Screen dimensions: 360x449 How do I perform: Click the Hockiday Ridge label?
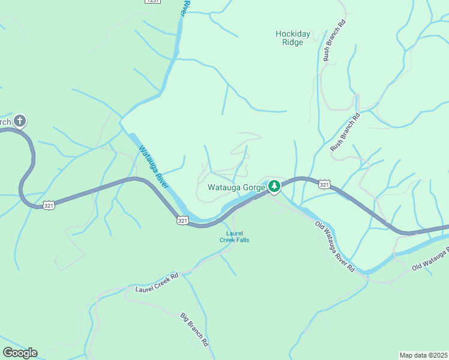pos(293,38)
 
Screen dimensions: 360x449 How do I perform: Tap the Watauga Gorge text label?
pos(236,187)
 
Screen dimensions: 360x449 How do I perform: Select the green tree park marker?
pos(274,187)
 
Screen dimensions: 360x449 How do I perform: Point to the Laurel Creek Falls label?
pos(234,236)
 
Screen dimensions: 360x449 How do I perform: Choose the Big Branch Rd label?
pos(194,329)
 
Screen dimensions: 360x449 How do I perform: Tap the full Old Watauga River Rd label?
pos(335,247)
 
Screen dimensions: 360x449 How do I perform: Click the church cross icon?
pos(20,122)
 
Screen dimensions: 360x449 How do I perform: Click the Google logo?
pos(20,353)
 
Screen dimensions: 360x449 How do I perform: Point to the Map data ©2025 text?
pos(423,355)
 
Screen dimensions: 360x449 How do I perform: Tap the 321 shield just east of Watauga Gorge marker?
pos(324,184)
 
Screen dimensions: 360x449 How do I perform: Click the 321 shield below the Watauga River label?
pos(183,221)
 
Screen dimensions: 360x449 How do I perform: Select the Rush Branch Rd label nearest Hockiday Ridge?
pos(335,41)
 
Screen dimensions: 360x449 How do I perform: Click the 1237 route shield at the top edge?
pos(153,2)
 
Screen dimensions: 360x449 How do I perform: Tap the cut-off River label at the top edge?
pos(186,7)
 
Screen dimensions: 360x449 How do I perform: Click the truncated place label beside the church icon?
pos(5,122)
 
